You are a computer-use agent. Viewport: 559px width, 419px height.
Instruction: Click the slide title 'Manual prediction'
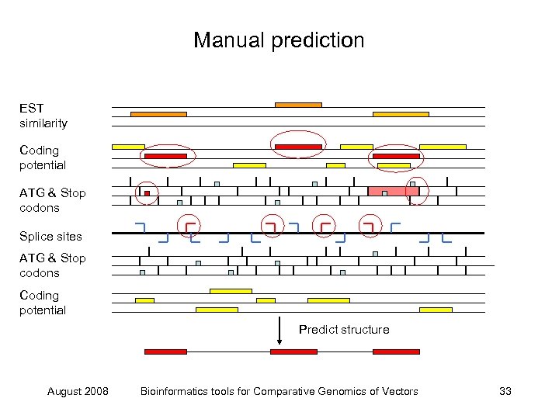(279, 40)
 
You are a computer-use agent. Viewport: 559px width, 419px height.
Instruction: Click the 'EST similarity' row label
(43, 116)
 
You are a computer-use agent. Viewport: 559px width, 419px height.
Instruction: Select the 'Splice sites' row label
(50, 236)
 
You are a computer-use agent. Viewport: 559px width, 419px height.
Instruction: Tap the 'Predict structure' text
(344, 330)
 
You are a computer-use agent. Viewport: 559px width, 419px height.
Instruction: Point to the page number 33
(505, 391)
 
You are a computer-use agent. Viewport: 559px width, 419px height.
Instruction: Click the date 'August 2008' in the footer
(78, 391)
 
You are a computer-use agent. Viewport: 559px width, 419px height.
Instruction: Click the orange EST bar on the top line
(298, 105)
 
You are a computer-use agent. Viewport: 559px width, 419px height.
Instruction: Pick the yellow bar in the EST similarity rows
(401, 114)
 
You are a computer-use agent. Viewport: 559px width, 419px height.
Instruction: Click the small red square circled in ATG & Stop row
(147, 192)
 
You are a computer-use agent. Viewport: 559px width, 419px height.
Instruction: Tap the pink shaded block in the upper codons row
(393, 191)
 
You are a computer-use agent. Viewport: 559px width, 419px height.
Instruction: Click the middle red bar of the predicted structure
(293, 351)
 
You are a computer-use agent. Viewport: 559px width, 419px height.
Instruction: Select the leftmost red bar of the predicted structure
(165, 351)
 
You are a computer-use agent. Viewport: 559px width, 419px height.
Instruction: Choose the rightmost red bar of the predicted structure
(396, 351)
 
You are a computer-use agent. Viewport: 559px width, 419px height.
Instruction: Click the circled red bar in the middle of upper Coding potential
(298, 147)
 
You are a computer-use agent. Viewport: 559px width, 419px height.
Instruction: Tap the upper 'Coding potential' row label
(43, 158)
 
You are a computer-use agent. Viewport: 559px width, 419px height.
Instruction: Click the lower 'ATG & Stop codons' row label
(53, 265)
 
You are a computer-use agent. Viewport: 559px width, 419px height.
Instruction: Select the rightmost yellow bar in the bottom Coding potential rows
(436, 310)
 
